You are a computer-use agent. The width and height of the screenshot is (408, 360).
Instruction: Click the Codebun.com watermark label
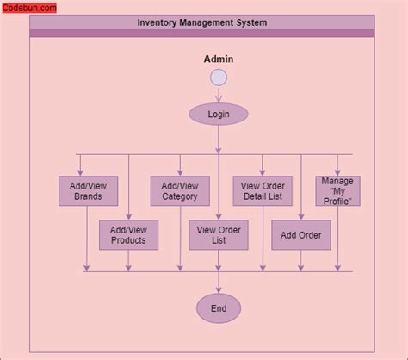click(28, 8)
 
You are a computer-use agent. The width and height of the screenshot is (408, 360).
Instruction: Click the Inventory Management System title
click(201, 22)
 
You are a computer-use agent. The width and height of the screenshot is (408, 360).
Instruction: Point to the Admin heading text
click(219, 59)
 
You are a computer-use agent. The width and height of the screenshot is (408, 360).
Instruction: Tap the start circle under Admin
click(219, 78)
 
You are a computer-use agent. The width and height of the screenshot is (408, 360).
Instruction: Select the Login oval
click(219, 114)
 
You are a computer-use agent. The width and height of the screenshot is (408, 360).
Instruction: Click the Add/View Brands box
click(88, 190)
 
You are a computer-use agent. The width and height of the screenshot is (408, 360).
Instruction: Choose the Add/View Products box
click(128, 235)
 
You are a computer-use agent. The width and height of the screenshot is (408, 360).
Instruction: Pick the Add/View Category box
click(180, 190)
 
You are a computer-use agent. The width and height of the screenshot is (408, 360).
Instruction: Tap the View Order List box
click(219, 235)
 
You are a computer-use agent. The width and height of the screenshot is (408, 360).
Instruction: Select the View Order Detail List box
click(263, 190)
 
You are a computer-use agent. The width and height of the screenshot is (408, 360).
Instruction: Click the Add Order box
click(300, 235)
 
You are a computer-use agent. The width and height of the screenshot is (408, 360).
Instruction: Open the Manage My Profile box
click(337, 190)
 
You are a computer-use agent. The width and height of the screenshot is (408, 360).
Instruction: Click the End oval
click(219, 308)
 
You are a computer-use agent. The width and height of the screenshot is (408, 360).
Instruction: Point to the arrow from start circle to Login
click(219, 95)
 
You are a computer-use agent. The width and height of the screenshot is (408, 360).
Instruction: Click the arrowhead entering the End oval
click(219, 289)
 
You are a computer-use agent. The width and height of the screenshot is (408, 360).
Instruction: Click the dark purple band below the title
click(201, 34)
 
